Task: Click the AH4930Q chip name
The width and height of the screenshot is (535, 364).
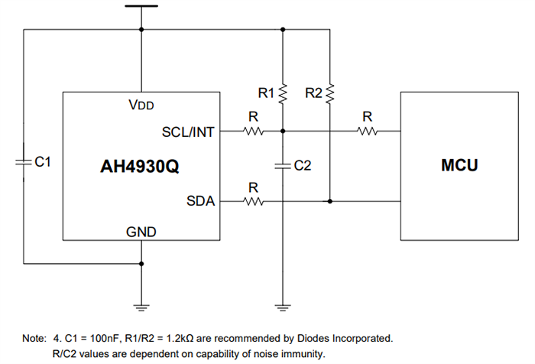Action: (140, 166)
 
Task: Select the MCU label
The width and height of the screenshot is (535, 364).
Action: (459, 165)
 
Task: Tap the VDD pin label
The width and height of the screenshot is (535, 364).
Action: (143, 105)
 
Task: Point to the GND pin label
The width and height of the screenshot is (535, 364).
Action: (141, 229)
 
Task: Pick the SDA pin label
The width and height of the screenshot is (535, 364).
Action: (201, 202)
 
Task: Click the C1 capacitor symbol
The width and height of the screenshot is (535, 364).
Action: (24, 162)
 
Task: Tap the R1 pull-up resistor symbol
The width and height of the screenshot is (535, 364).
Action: (284, 93)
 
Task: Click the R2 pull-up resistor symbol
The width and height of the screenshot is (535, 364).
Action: (330, 93)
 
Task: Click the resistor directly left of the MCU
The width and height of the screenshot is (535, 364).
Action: (368, 132)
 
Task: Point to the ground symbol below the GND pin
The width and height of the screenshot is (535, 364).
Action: (141, 307)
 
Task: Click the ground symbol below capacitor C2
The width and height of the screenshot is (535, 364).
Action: (284, 307)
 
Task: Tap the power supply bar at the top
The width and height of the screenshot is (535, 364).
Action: (141, 6)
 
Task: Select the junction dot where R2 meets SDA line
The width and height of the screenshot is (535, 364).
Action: (330, 202)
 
